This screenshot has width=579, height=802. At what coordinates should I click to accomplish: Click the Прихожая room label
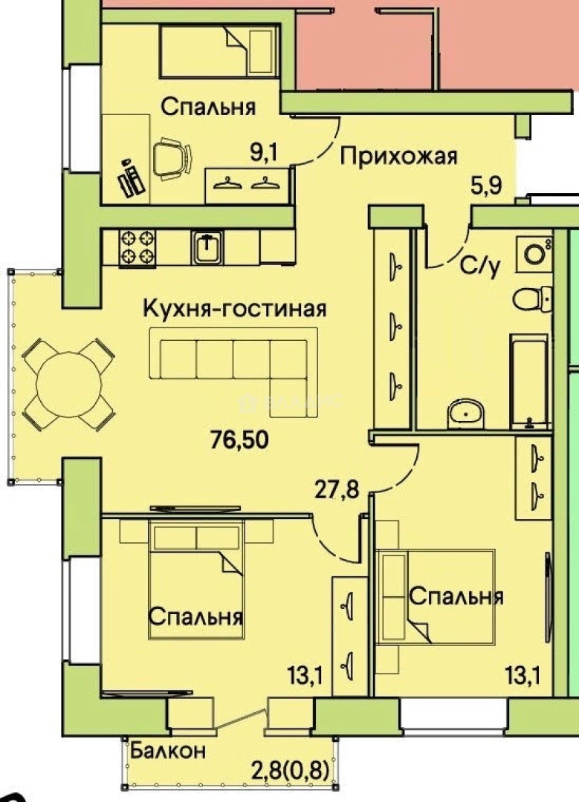coord(399,156)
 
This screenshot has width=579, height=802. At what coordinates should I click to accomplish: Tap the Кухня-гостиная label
coord(234,308)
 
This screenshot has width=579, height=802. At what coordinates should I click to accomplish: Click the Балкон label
coord(168,750)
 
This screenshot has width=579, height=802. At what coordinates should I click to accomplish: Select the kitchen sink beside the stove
coord(207,247)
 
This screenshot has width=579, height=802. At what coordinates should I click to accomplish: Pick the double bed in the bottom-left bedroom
coord(197,579)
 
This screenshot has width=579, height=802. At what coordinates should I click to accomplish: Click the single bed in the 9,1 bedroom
coord(219,50)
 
